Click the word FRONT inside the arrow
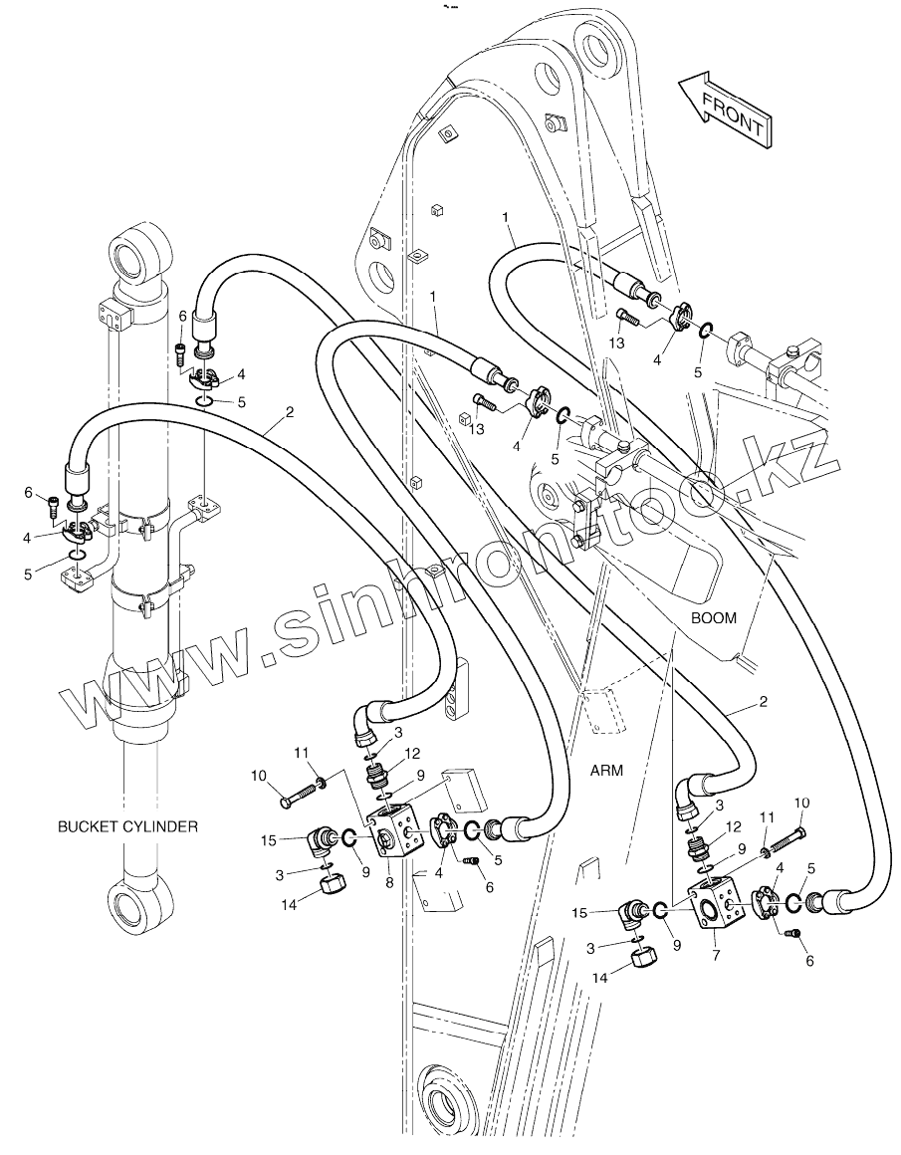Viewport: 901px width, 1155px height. pos(733,115)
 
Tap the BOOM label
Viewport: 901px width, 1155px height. pos(713,618)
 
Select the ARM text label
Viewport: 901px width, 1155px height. pos(606,771)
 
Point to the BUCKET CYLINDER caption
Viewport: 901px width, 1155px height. pos(127,826)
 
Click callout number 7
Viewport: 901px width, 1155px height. pos(716,956)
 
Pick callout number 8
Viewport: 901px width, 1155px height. pos(389,882)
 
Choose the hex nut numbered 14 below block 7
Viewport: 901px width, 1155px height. pos(645,960)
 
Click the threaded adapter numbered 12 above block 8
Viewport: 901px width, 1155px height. pos(377,775)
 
